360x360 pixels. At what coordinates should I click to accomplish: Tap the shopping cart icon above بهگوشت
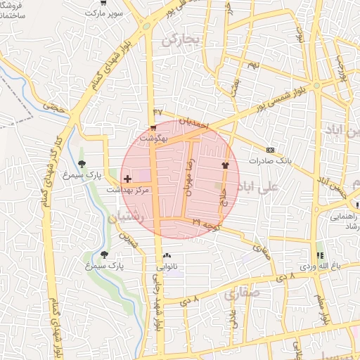(153, 127)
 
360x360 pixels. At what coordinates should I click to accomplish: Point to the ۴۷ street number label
(157, 112)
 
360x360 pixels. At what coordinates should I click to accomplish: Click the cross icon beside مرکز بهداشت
(127, 179)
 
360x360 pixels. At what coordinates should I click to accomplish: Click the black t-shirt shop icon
(225, 165)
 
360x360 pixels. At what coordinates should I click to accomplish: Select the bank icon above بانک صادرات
(271, 150)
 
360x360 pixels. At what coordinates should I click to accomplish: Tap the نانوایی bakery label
(167, 266)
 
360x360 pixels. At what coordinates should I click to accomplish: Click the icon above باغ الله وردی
(321, 255)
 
